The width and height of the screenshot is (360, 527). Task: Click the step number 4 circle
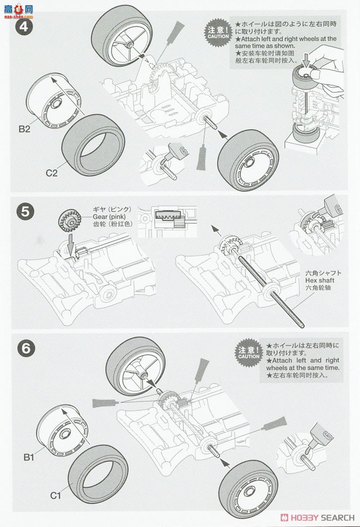(x=24, y=26)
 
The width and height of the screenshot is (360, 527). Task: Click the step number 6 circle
(x=25, y=349)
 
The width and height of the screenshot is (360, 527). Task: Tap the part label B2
(x=24, y=129)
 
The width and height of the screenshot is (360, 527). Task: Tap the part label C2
(x=52, y=173)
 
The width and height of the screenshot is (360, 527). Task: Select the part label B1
(x=29, y=457)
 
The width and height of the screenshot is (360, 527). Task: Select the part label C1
(x=56, y=495)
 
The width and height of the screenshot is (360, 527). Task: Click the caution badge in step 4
(x=218, y=33)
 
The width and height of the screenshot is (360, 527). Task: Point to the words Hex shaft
(x=320, y=280)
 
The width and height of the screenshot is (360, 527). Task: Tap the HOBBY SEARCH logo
(x=318, y=518)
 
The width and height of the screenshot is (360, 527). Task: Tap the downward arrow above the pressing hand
(x=305, y=59)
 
